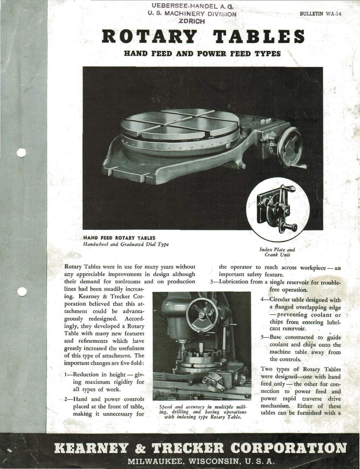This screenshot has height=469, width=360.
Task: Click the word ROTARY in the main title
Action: (x=149, y=37)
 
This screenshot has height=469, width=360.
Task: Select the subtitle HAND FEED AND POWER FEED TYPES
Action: (x=202, y=54)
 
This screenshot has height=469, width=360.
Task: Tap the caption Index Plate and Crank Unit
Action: (x=277, y=252)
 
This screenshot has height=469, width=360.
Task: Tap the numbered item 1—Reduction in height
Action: (x=104, y=382)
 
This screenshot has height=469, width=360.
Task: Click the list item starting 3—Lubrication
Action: (x=275, y=286)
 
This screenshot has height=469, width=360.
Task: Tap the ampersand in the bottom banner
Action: (x=141, y=448)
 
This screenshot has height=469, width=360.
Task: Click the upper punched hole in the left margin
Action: (x=21, y=153)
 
